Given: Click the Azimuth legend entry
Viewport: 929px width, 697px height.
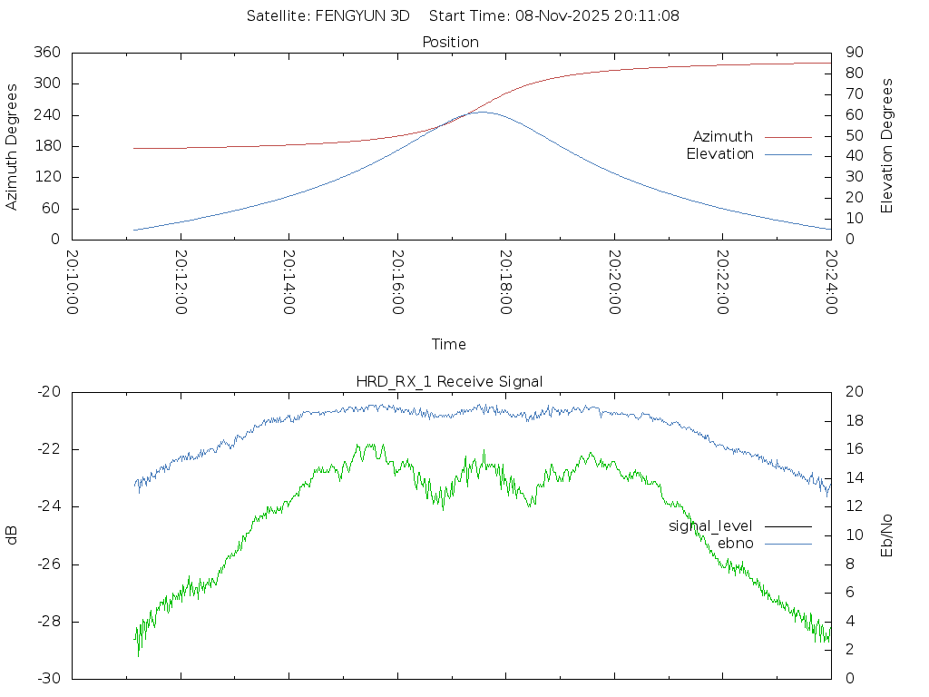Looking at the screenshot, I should coord(723,137).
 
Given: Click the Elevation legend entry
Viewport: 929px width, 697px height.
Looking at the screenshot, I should coord(719,154).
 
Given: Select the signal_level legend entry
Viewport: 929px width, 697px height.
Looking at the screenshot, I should coord(710,526).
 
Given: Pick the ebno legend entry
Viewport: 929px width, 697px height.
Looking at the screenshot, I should coord(735,543).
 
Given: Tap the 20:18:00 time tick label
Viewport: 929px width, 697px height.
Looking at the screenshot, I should coord(506,282).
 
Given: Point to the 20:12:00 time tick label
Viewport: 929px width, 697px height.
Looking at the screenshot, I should coord(181,282).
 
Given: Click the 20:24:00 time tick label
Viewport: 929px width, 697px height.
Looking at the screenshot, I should coord(831,282).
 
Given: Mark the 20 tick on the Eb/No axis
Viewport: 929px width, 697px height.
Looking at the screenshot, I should coord(854,392).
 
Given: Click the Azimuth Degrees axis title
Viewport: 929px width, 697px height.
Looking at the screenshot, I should coord(12,146).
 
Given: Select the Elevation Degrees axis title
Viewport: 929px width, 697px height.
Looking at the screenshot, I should coord(887,146).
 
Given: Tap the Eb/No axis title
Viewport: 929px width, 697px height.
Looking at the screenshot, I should coord(887,535).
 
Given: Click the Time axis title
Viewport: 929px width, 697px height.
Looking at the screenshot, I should coord(449,345).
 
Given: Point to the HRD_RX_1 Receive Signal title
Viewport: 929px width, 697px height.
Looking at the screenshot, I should coord(449,381).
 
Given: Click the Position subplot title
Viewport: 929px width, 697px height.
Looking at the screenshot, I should coord(451,42).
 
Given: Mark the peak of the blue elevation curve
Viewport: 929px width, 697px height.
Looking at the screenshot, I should coord(480,112).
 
